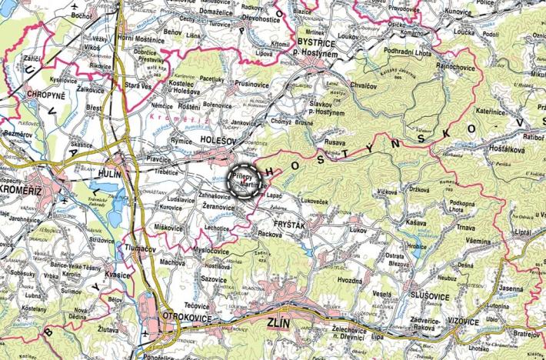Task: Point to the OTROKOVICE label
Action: coord(184,317)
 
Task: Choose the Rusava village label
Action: coord(335,141)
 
